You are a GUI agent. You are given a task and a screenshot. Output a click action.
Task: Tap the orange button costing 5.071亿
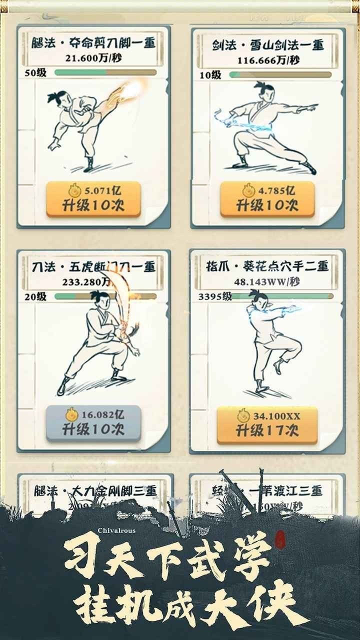coord(93,199)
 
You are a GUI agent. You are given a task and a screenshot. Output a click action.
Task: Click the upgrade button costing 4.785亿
coord(267,198)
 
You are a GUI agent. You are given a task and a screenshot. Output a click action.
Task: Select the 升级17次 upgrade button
coord(267,425)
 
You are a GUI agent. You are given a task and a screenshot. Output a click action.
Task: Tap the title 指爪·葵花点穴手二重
coord(267,266)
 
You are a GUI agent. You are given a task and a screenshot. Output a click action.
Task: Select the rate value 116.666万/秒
coord(267,60)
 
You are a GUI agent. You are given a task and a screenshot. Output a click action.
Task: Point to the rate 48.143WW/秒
coord(267,281)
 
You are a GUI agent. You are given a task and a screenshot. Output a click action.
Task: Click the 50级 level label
coord(35,72)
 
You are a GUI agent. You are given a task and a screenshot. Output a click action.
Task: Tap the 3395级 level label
coord(215,296)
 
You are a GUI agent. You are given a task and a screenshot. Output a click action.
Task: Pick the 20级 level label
coord(35,296)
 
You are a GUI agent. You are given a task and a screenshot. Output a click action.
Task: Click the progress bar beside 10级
coord(280,75)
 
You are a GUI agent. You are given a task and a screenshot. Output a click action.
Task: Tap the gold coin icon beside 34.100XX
coord(244,416)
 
